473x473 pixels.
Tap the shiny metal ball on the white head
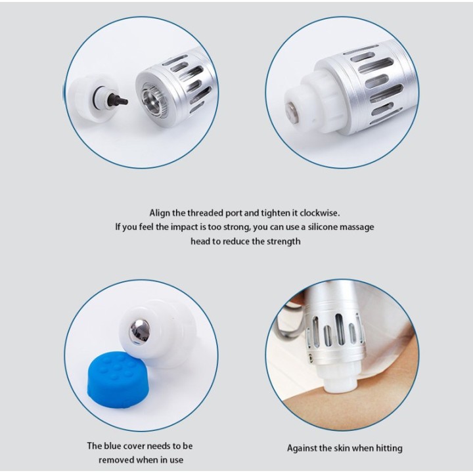pyautogui.click(x=139, y=332)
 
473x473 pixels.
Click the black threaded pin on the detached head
pyautogui.click(x=118, y=100)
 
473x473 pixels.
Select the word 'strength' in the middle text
pyautogui.click(x=284, y=242)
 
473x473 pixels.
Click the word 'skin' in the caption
pyautogui.click(x=341, y=448)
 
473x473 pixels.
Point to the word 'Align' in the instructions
pyautogui.click(x=160, y=214)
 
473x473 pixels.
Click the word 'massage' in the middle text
pyautogui.click(x=357, y=227)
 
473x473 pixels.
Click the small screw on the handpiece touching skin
pyautogui.click(x=310, y=357)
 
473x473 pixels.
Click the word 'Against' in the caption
pyautogui.click(x=302, y=449)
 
